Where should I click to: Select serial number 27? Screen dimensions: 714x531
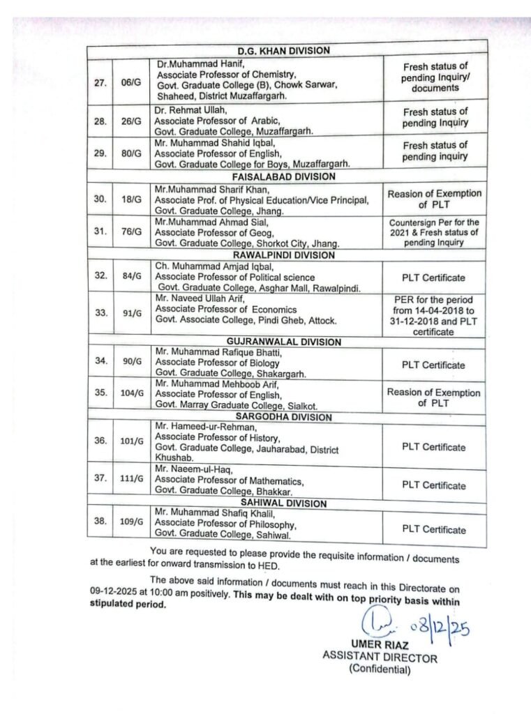(99, 82)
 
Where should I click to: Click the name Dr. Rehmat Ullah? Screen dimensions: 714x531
(187, 109)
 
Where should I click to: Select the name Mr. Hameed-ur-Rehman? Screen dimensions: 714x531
(198, 427)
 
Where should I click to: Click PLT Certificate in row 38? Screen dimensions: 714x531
(433, 530)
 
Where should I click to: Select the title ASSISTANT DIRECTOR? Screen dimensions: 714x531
(380, 657)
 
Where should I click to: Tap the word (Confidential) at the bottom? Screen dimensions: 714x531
(380, 670)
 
